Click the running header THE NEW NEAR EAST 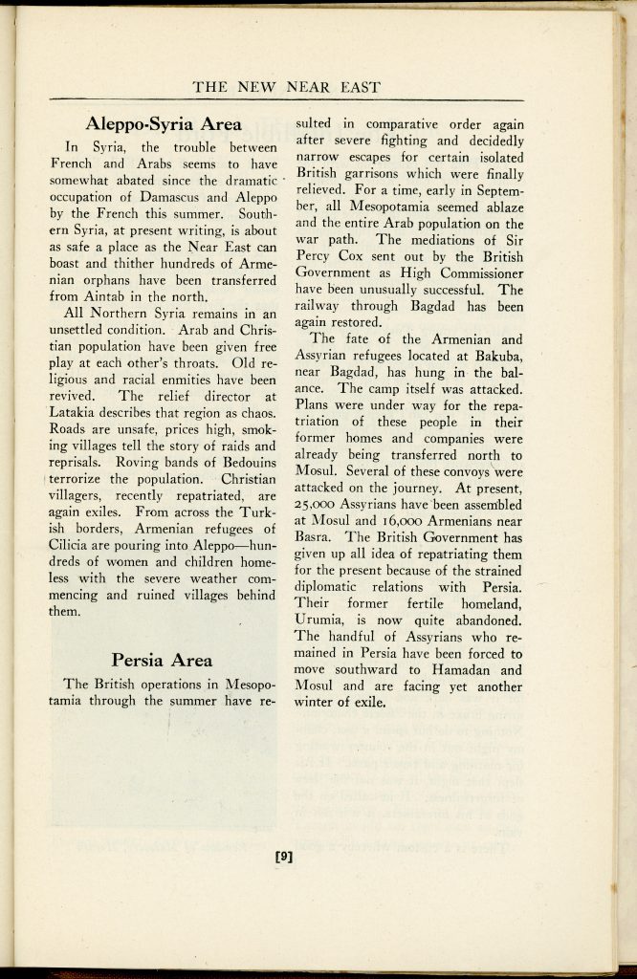tap(287, 87)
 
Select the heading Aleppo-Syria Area tap(164, 123)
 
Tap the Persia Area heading tap(162, 660)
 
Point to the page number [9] tap(283, 856)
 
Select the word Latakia tap(77, 412)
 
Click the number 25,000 tap(320, 505)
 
